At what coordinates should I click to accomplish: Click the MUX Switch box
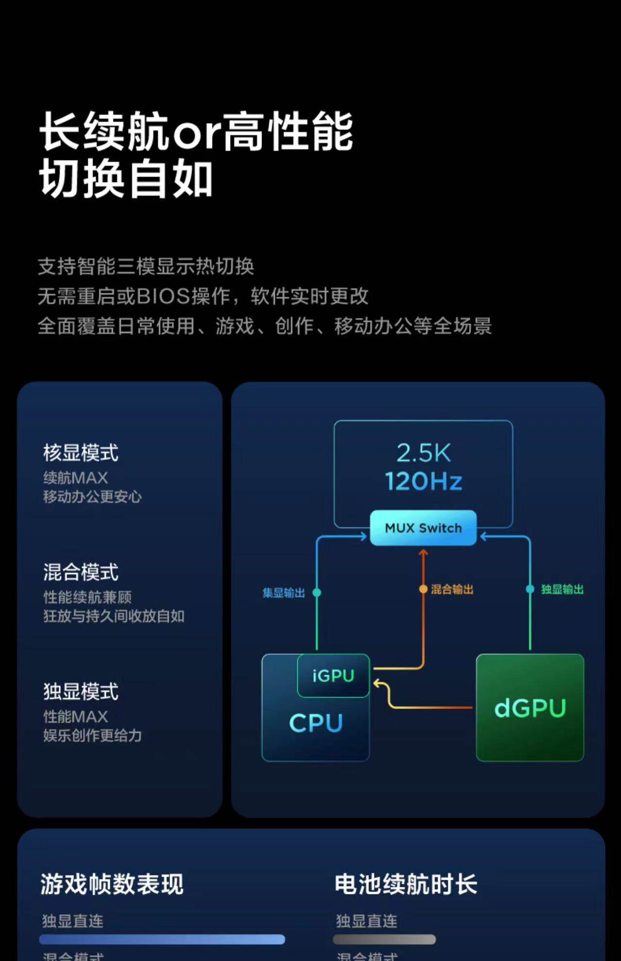(x=423, y=528)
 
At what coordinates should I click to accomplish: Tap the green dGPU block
(x=530, y=708)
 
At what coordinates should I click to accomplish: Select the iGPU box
(x=333, y=675)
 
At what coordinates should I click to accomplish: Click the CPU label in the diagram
(x=316, y=723)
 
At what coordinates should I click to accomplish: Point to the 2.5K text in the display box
(x=424, y=453)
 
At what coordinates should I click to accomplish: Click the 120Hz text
(x=424, y=481)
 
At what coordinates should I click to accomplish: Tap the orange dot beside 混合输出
(x=424, y=589)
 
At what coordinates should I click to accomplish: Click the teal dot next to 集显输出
(x=317, y=592)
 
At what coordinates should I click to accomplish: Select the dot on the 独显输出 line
(x=530, y=589)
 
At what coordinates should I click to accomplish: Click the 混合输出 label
(x=452, y=589)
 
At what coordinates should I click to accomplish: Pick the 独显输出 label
(x=562, y=589)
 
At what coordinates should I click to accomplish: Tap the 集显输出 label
(x=284, y=593)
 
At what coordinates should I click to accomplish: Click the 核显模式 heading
(x=81, y=453)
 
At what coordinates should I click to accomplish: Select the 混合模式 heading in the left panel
(x=81, y=572)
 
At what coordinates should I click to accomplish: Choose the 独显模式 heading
(x=81, y=692)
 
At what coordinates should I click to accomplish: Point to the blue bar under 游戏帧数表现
(x=162, y=939)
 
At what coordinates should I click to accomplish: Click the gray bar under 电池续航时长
(x=384, y=940)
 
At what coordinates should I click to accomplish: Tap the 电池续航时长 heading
(x=406, y=884)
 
